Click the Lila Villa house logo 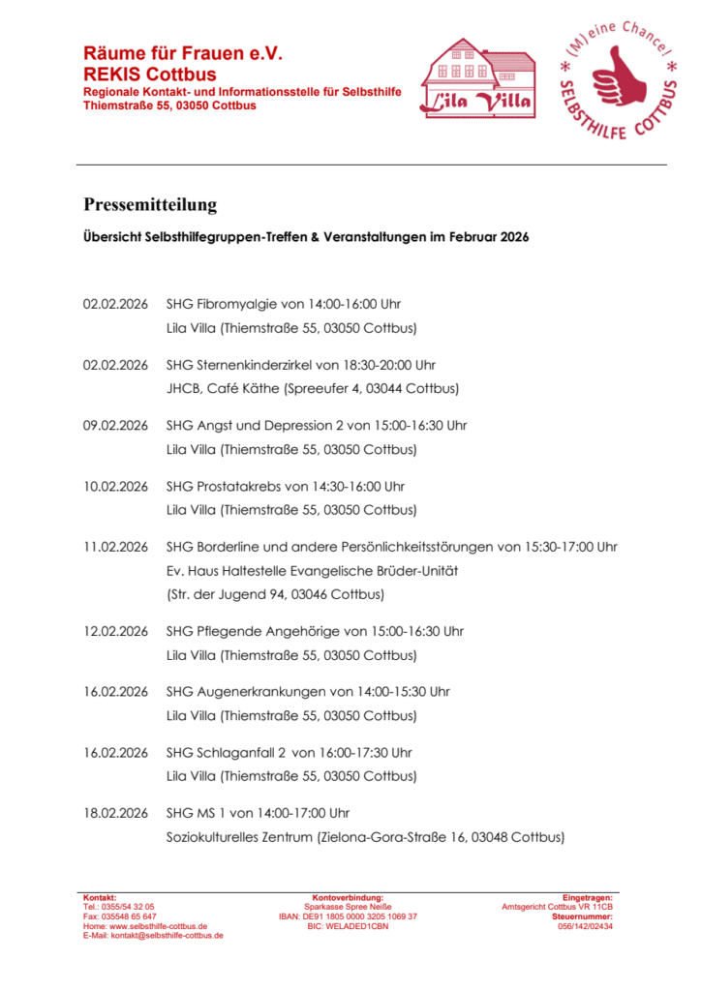477,79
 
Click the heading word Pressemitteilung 150,205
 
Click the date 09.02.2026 115,425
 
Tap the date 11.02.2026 115,547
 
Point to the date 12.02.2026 115,631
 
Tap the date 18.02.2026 115,813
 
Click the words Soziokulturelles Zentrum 239,837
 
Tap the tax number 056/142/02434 585,926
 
